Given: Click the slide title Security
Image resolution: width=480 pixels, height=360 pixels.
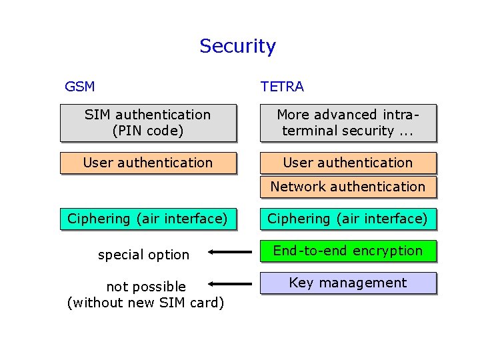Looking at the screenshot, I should [x=237, y=46].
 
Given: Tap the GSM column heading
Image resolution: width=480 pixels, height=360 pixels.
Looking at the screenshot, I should [x=79, y=87].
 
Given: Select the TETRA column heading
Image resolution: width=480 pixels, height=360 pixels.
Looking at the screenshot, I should [x=282, y=87].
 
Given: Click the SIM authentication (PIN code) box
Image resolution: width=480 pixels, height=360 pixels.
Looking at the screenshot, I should [x=148, y=123].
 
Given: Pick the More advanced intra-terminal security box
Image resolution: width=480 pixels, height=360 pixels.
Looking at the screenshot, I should [x=348, y=123].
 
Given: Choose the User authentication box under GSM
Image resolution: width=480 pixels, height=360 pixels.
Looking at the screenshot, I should [x=148, y=163].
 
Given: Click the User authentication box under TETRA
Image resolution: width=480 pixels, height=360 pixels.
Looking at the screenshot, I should [x=348, y=163].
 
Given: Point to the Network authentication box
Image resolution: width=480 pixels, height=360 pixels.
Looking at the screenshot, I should [x=348, y=187].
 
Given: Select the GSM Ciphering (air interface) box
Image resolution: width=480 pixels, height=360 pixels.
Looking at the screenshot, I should [x=148, y=219].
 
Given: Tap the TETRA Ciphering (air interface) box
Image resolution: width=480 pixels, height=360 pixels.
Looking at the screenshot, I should [x=348, y=219].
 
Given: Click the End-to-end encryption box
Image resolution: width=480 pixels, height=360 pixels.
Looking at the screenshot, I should [x=348, y=251].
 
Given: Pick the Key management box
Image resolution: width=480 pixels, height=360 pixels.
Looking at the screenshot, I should [x=348, y=283].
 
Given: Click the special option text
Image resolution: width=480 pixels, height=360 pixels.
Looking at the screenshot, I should [x=143, y=255].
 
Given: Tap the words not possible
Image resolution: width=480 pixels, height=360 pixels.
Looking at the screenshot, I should [x=146, y=287].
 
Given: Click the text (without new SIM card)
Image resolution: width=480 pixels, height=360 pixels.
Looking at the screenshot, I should [x=146, y=303].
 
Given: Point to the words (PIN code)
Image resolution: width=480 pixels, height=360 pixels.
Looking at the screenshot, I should [x=148, y=131].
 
